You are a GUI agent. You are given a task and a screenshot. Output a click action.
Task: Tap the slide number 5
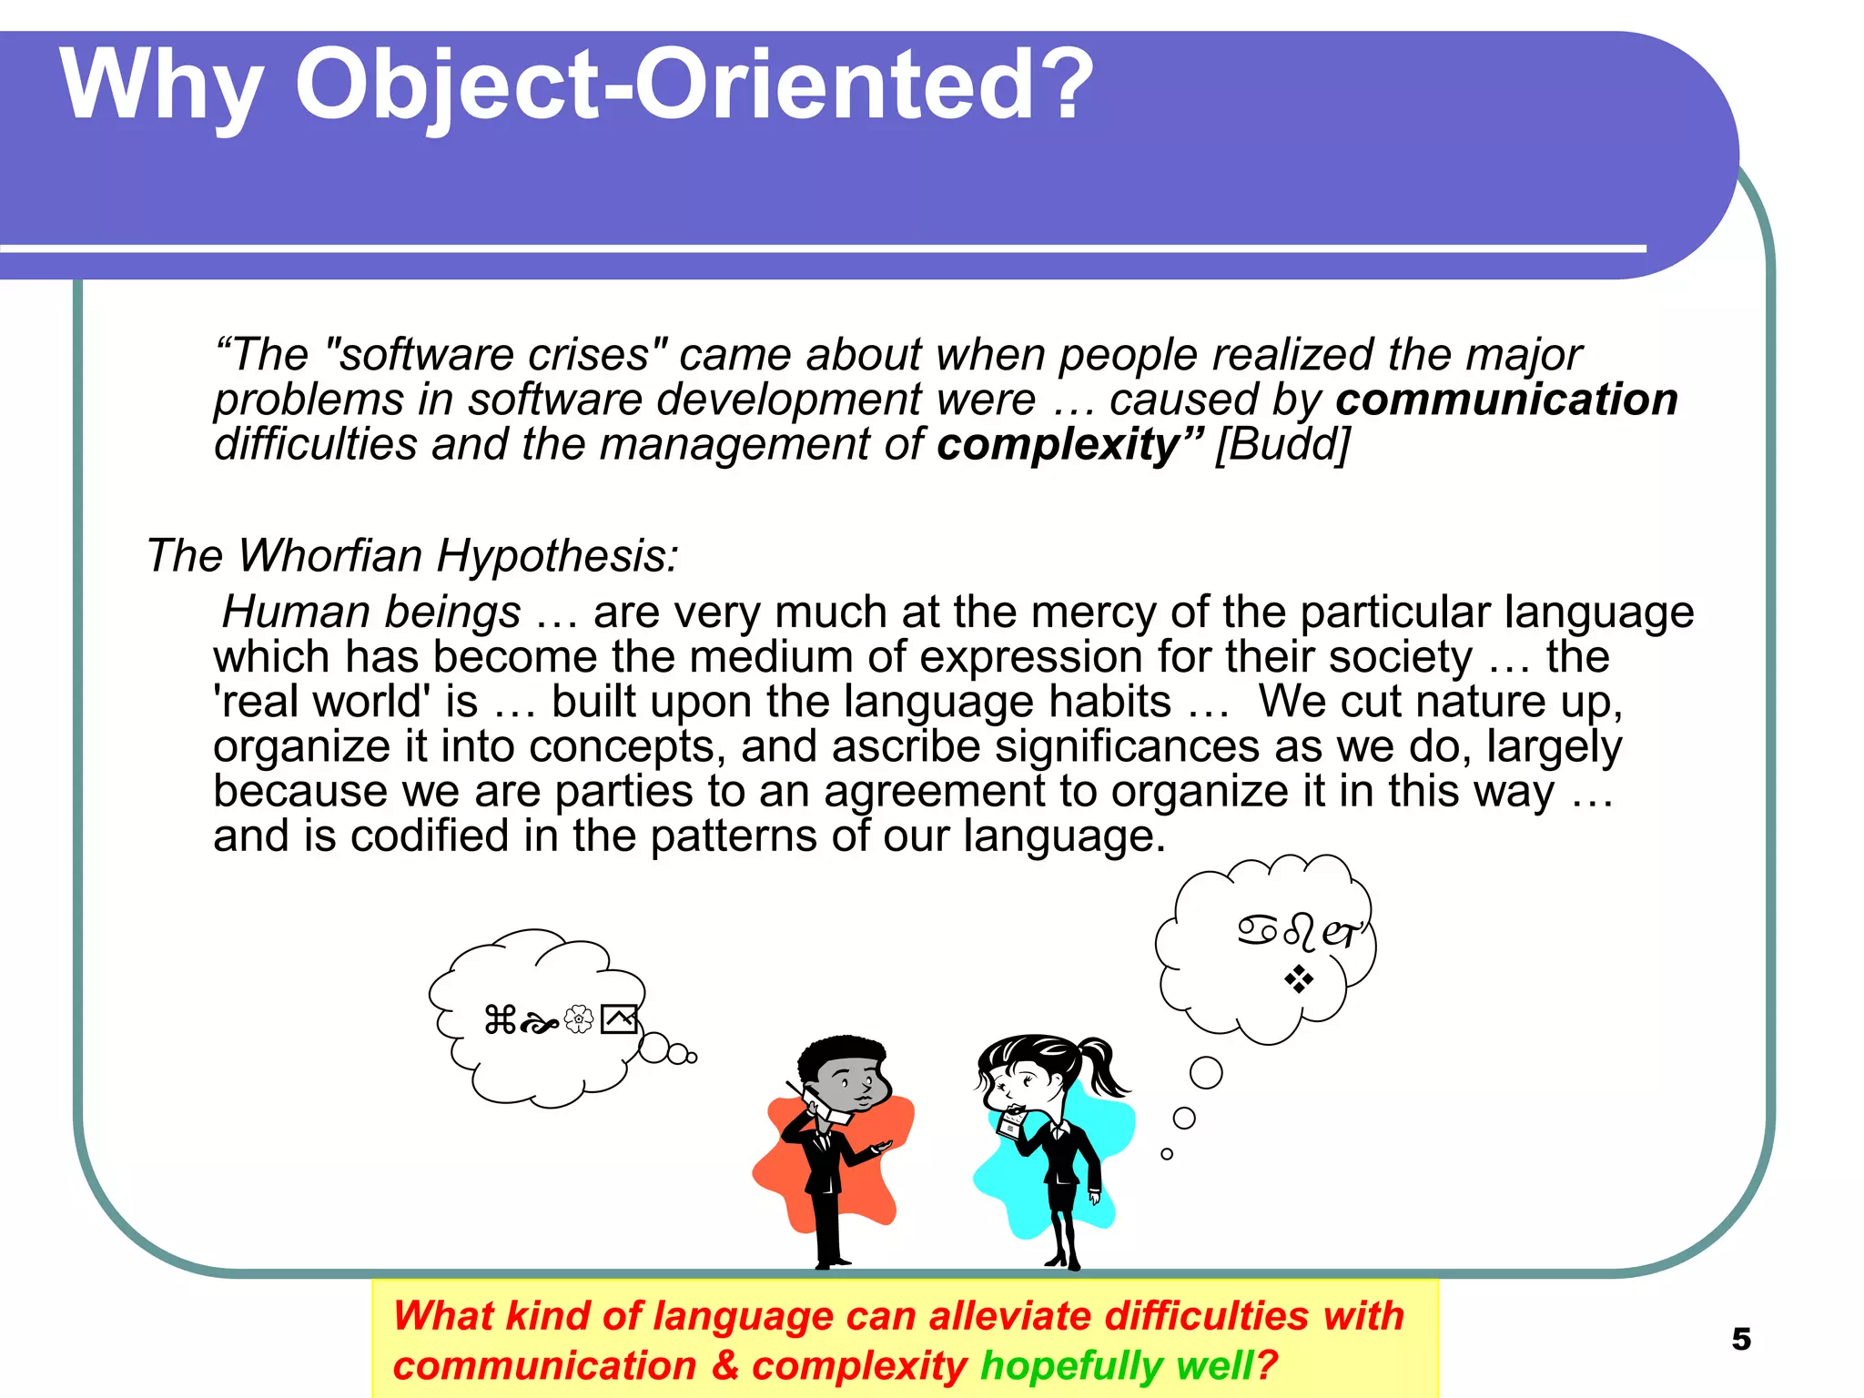tap(1740, 1339)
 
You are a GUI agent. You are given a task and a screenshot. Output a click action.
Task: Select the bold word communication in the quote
tap(1506, 400)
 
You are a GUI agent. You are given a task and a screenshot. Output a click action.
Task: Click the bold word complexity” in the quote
tap(1069, 446)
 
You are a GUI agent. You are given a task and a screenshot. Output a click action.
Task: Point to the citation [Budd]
tap(1282, 446)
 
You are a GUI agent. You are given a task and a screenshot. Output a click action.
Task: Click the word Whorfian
tap(330, 555)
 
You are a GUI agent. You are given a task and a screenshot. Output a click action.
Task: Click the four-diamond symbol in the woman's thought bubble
tap(1299, 979)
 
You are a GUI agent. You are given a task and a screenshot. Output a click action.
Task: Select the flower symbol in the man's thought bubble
tap(579, 1019)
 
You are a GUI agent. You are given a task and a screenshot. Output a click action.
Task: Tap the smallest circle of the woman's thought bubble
tap(1167, 1154)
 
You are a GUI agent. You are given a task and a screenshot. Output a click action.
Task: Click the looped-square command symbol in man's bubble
tap(500, 1019)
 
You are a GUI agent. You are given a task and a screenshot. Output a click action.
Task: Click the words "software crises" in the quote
tap(496, 355)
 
